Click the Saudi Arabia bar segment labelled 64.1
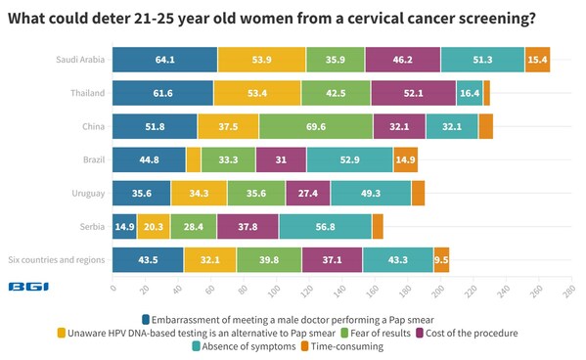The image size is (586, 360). [164, 61]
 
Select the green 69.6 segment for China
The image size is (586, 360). [315, 126]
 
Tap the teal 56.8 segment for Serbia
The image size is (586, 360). [325, 227]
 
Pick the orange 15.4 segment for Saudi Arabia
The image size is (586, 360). [537, 61]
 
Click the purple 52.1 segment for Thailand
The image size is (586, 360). [413, 94]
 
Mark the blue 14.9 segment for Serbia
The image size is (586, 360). [124, 227]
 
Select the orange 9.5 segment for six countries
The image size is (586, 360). [441, 260]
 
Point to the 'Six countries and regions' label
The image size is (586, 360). [56, 260]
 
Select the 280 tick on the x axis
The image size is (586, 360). [568, 290]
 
